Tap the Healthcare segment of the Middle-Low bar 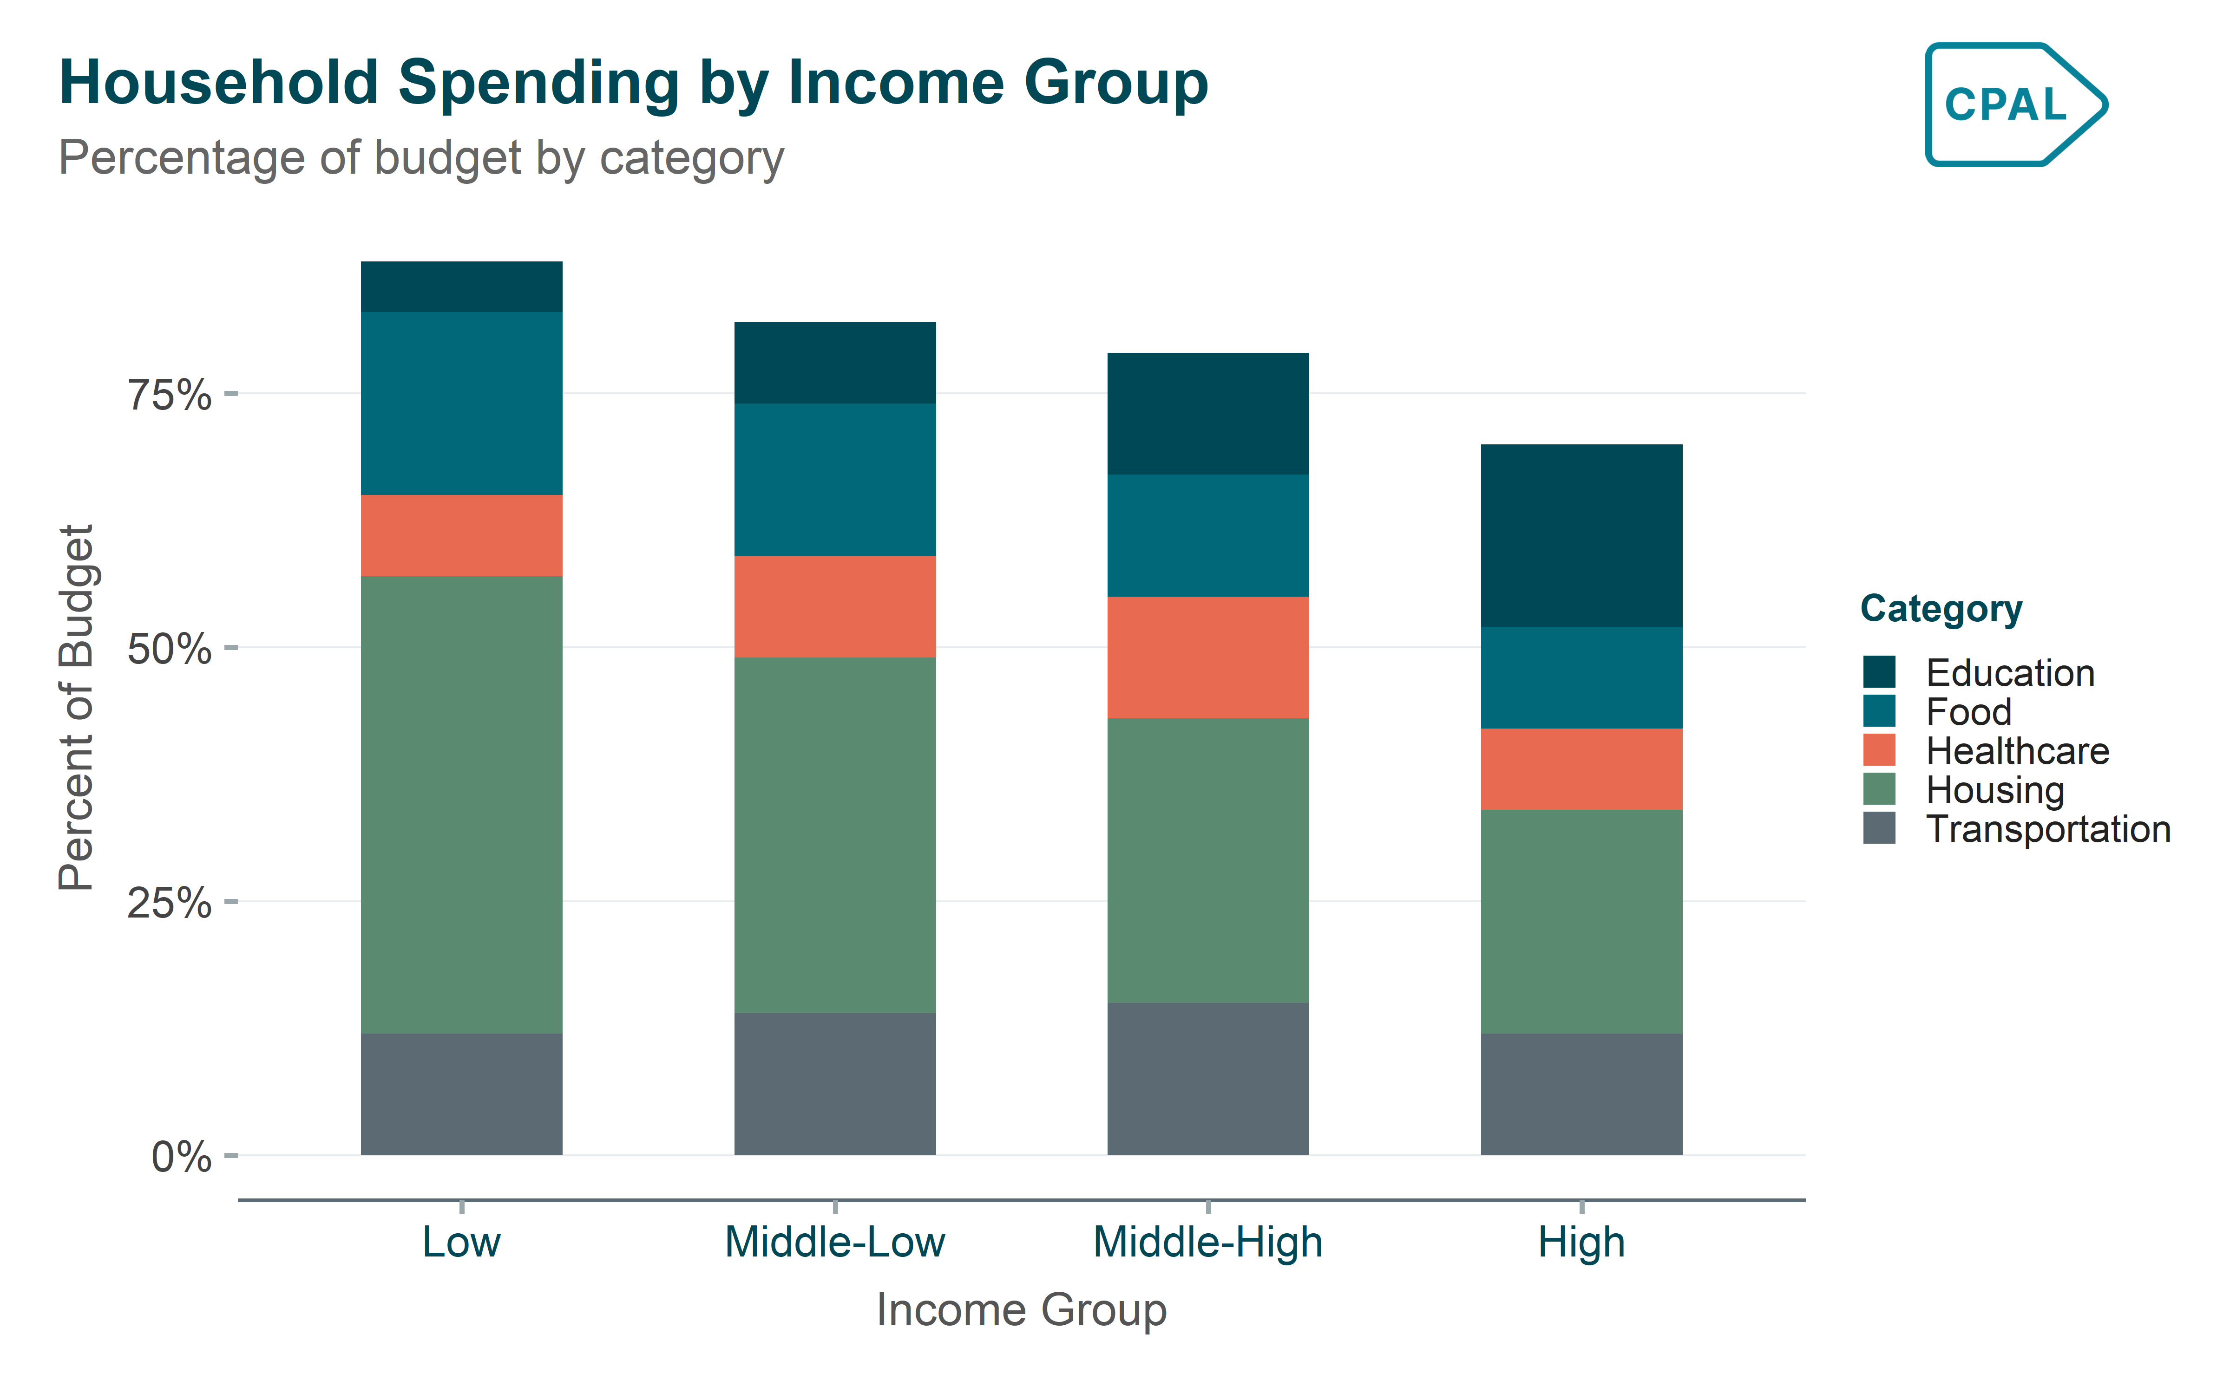pos(835,606)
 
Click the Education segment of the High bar pos(1581,535)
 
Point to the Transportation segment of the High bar pos(1581,1094)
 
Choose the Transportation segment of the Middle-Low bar pos(835,1083)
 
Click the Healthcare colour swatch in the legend pos(1879,750)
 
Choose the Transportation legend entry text pos(2047,829)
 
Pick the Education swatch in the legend pos(1879,671)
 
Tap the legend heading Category pos(1941,609)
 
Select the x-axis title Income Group pos(1021,1309)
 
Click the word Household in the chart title pos(218,83)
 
